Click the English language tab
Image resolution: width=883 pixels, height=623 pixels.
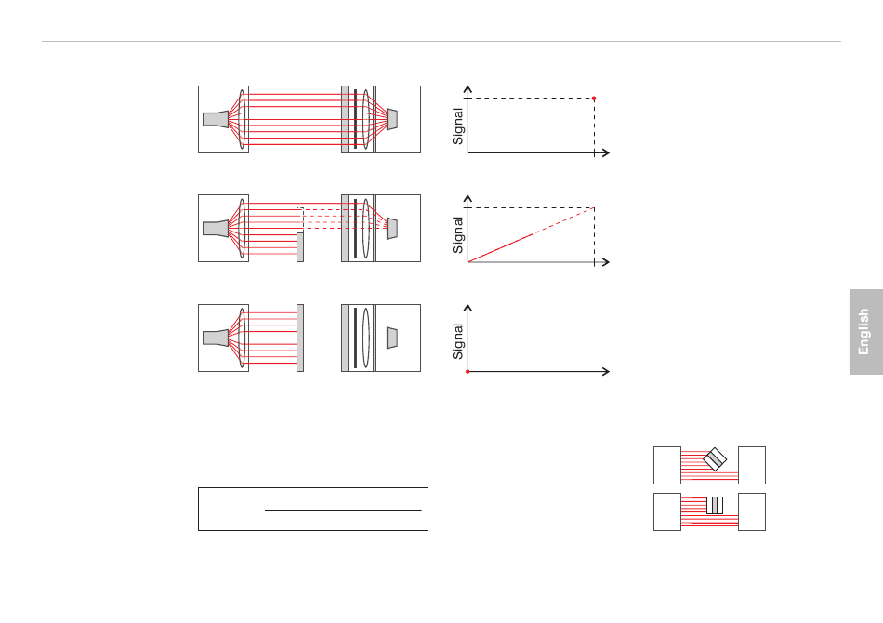tap(865, 332)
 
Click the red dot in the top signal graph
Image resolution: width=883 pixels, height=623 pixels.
tap(594, 99)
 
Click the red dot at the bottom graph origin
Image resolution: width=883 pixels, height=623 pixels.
tap(468, 372)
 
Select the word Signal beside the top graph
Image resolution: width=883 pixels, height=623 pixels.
tap(458, 126)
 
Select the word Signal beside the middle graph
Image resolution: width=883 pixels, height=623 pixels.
tap(458, 235)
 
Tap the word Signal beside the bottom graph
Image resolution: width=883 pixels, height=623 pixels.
tap(458, 342)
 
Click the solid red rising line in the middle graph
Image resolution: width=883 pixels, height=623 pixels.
tap(500, 248)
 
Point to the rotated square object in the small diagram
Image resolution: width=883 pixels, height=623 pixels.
tap(715, 459)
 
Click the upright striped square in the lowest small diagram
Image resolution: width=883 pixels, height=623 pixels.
tap(715, 505)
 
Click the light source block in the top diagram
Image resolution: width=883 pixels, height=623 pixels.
tap(216, 119)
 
